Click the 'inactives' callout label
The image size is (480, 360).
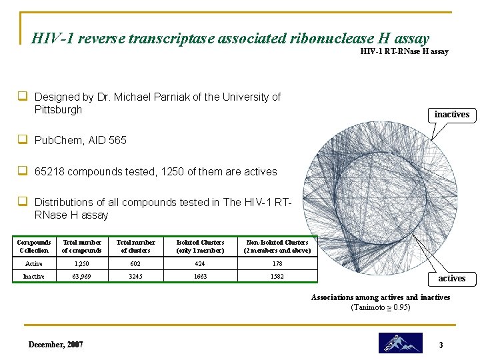pyautogui.click(x=451, y=114)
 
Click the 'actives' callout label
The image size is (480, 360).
pyautogui.click(x=451, y=278)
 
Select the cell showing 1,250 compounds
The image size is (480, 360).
pyautogui.click(x=81, y=263)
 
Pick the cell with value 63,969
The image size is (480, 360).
pyautogui.click(x=81, y=275)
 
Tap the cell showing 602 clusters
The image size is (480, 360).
pyautogui.click(x=135, y=263)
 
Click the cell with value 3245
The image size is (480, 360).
pyautogui.click(x=135, y=275)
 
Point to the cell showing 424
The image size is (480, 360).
pyautogui.click(x=200, y=263)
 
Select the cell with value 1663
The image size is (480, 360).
pyautogui.click(x=200, y=275)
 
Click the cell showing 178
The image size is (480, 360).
pyautogui.click(x=277, y=263)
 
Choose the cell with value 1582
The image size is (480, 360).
pyautogui.click(x=277, y=275)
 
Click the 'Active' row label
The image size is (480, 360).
pyautogui.click(x=33, y=263)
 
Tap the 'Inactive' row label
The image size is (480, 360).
pyautogui.click(x=33, y=275)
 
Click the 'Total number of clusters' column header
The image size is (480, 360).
pyautogui.click(x=135, y=246)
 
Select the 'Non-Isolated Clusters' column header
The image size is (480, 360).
pyautogui.click(x=277, y=246)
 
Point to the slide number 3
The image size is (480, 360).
pyautogui.click(x=441, y=345)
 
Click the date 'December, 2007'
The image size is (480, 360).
pyautogui.click(x=56, y=344)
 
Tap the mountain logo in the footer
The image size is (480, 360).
pyautogui.click(x=400, y=343)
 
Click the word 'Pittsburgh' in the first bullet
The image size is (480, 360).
pyautogui.click(x=58, y=109)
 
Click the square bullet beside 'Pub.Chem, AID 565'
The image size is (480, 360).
pyautogui.click(x=22, y=140)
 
